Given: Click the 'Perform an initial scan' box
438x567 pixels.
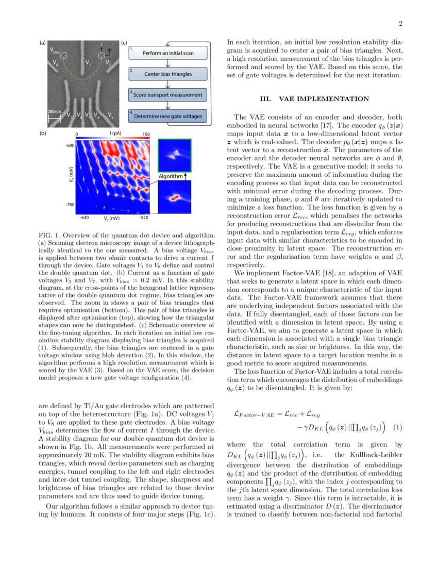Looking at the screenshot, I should pos(167,53).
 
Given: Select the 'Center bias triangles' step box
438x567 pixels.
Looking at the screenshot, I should pos(167,74).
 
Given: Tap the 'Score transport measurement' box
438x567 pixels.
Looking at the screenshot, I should pos(167,95).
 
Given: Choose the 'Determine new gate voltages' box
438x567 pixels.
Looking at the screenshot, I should pos(167,116).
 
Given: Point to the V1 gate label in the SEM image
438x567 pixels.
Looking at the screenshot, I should pos(88,65).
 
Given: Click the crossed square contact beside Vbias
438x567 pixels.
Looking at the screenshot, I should pos(65,54).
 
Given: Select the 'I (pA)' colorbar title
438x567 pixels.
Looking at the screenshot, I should pos(114,134).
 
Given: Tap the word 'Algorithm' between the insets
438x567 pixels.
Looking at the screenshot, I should pos(170,176).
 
